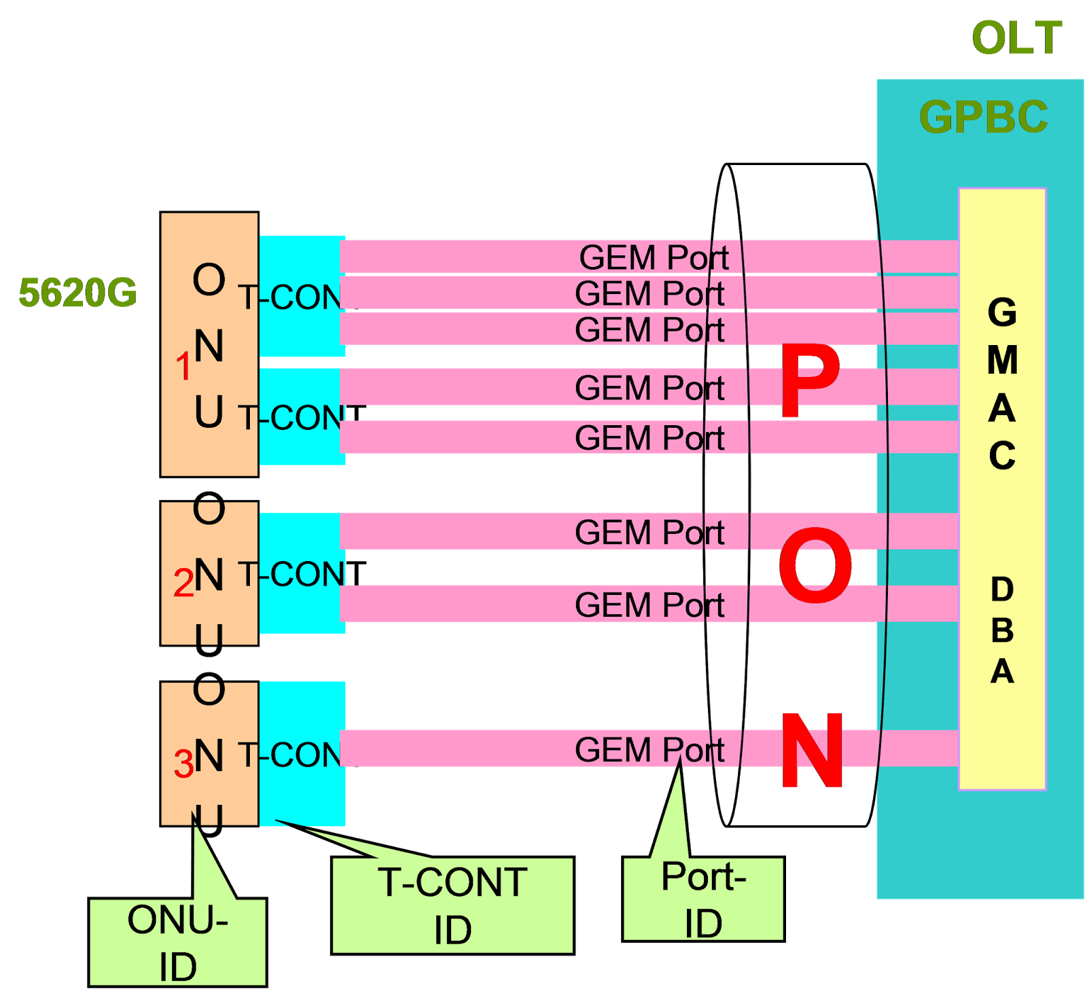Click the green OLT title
pos(1016,38)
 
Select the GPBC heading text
pos(983,117)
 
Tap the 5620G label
pos(77,293)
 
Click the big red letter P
pos(810,381)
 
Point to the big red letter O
pos(815,566)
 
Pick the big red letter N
pos(812,751)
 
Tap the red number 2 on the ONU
pos(183,583)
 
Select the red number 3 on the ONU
pos(183,763)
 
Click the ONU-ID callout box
pos(177,942)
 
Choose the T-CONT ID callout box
pos(452,905)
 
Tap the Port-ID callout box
pos(703,899)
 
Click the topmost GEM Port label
pos(654,257)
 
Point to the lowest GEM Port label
pos(649,750)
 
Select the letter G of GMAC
pos(1002,312)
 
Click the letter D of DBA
pos(1002,589)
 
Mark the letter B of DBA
pos(1002,630)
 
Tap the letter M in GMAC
pos(1002,360)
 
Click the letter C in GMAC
pos(1002,456)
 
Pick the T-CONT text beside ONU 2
pos(299,575)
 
